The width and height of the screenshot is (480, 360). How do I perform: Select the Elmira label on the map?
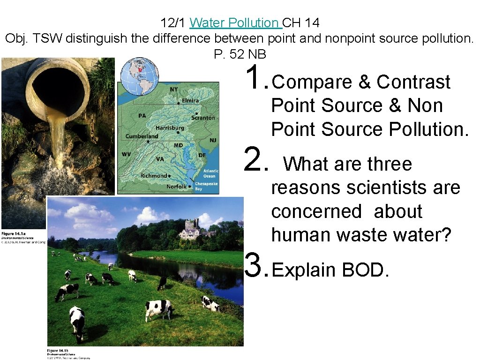(190, 100)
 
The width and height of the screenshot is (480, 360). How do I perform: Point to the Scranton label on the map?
(203, 118)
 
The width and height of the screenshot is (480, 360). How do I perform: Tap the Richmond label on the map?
(154, 176)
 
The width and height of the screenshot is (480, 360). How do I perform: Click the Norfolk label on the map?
(177, 187)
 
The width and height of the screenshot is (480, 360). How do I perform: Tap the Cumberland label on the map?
(142, 136)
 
